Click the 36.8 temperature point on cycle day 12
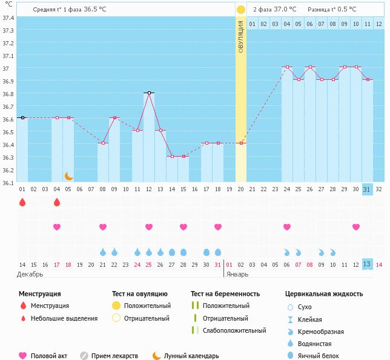coord(149,93)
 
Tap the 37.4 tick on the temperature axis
coord(8,18)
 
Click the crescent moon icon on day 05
coord(68,175)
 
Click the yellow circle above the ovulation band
coord(241,10)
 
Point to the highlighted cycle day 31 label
coord(366,189)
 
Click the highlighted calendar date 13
coord(366,264)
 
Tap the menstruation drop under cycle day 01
coord(22,202)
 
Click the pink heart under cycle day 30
coord(356,227)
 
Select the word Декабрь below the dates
coord(30,274)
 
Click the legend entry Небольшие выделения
coord(64,318)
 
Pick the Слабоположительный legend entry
coord(234,330)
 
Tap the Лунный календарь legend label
coord(191,356)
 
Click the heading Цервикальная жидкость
coord(323,293)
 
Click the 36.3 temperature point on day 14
coord(172,156)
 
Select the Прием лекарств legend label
coord(114,356)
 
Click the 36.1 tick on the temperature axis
coord(8,182)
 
